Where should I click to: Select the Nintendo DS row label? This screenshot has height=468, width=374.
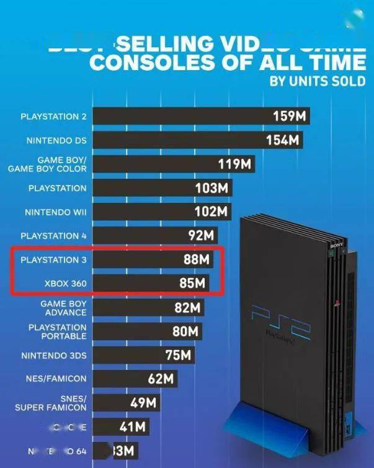(56, 140)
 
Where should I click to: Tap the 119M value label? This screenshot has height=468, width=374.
(234, 164)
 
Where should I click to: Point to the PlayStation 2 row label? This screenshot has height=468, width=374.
(53, 117)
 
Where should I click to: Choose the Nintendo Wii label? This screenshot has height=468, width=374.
(55, 212)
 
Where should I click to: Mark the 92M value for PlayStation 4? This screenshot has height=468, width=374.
(200, 236)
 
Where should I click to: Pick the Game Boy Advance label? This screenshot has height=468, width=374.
(63, 308)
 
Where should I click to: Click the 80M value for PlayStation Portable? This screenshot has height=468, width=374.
(185, 331)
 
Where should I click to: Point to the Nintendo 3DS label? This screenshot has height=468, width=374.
(54, 356)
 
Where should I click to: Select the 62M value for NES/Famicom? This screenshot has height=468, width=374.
(161, 379)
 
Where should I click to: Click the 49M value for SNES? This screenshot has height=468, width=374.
(143, 403)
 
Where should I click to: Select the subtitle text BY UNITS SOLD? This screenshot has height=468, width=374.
(318, 82)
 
